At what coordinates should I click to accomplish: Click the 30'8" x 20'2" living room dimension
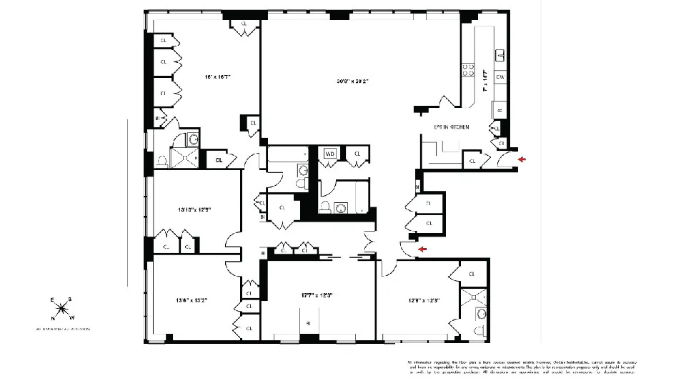click(x=359, y=81)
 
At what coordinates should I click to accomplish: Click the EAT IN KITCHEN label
click(x=451, y=127)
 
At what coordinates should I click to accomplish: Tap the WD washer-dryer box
click(x=330, y=153)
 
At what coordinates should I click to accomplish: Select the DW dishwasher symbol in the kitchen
click(x=501, y=76)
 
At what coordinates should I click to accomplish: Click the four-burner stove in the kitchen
click(x=469, y=69)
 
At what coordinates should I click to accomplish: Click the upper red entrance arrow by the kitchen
click(x=522, y=159)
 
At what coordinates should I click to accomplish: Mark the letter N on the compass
click(x=52, y=318)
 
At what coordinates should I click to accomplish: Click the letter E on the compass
click(x=52, y=300)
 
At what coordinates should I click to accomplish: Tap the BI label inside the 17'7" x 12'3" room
click(x=309, y=323)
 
